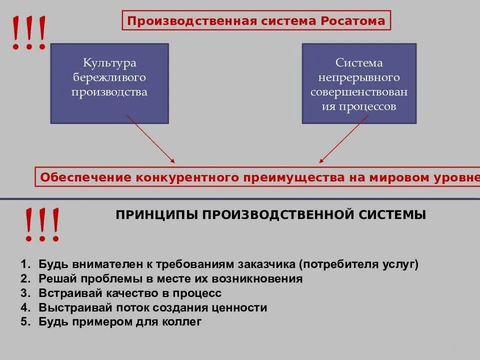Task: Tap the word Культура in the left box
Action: pyautogui.click(x=109, y=63)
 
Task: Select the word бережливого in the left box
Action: pyautogui.click(x=109, y=77)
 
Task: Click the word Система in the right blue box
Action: pyautogui.click(x=359, y=63)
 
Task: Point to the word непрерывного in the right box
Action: pyautogui.click(x=359, y=77)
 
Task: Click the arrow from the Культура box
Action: pyautogui.click(x=150, y=139)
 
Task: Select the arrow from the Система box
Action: pyautogui.click(x=345, y=139)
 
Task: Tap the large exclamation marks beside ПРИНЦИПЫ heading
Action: pyautogui.click(x=42, y=225)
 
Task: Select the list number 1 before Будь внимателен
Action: pyautogui.click(x=24, y=264)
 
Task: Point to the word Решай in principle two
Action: pyautogui.click(x=54, y=278)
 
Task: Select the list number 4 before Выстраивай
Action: pyautogui.click(x=24, y=307)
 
